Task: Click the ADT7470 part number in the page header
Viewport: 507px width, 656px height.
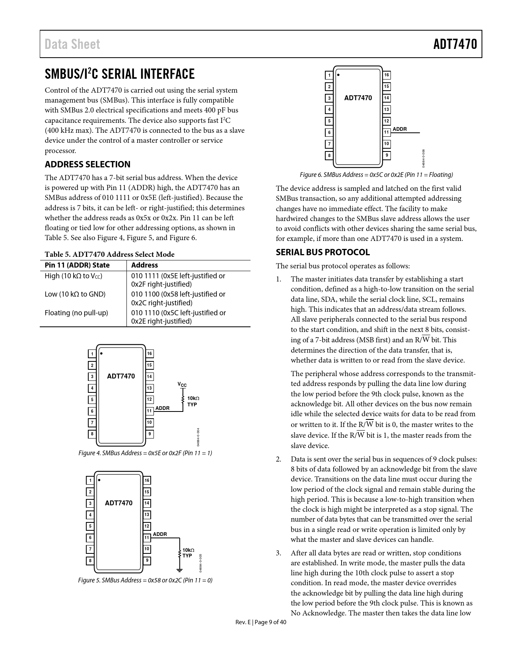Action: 455,44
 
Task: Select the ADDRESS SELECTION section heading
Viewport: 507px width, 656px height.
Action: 87,164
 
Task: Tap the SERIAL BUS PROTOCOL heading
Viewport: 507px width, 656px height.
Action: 322,252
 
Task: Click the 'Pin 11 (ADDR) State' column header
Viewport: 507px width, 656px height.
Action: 77,265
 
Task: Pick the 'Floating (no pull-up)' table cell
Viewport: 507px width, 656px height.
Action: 76,312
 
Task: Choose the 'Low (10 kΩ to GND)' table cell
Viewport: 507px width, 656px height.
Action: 75,294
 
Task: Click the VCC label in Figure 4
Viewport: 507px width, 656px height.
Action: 182,385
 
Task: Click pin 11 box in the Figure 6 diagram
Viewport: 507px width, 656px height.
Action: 386,132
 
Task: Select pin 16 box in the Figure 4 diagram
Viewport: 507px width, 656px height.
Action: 150,354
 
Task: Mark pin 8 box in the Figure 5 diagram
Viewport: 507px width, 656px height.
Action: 90,561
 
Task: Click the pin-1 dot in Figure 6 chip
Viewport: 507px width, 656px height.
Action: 338,74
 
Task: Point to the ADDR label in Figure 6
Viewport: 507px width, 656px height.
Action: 400,129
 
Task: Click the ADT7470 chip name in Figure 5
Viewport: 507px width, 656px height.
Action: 118,503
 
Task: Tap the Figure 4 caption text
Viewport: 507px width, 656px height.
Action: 145,453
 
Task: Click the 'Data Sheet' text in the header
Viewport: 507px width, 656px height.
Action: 72,44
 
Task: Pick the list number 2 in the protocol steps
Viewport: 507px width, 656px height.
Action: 279,459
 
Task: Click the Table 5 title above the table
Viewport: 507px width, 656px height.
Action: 109,254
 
